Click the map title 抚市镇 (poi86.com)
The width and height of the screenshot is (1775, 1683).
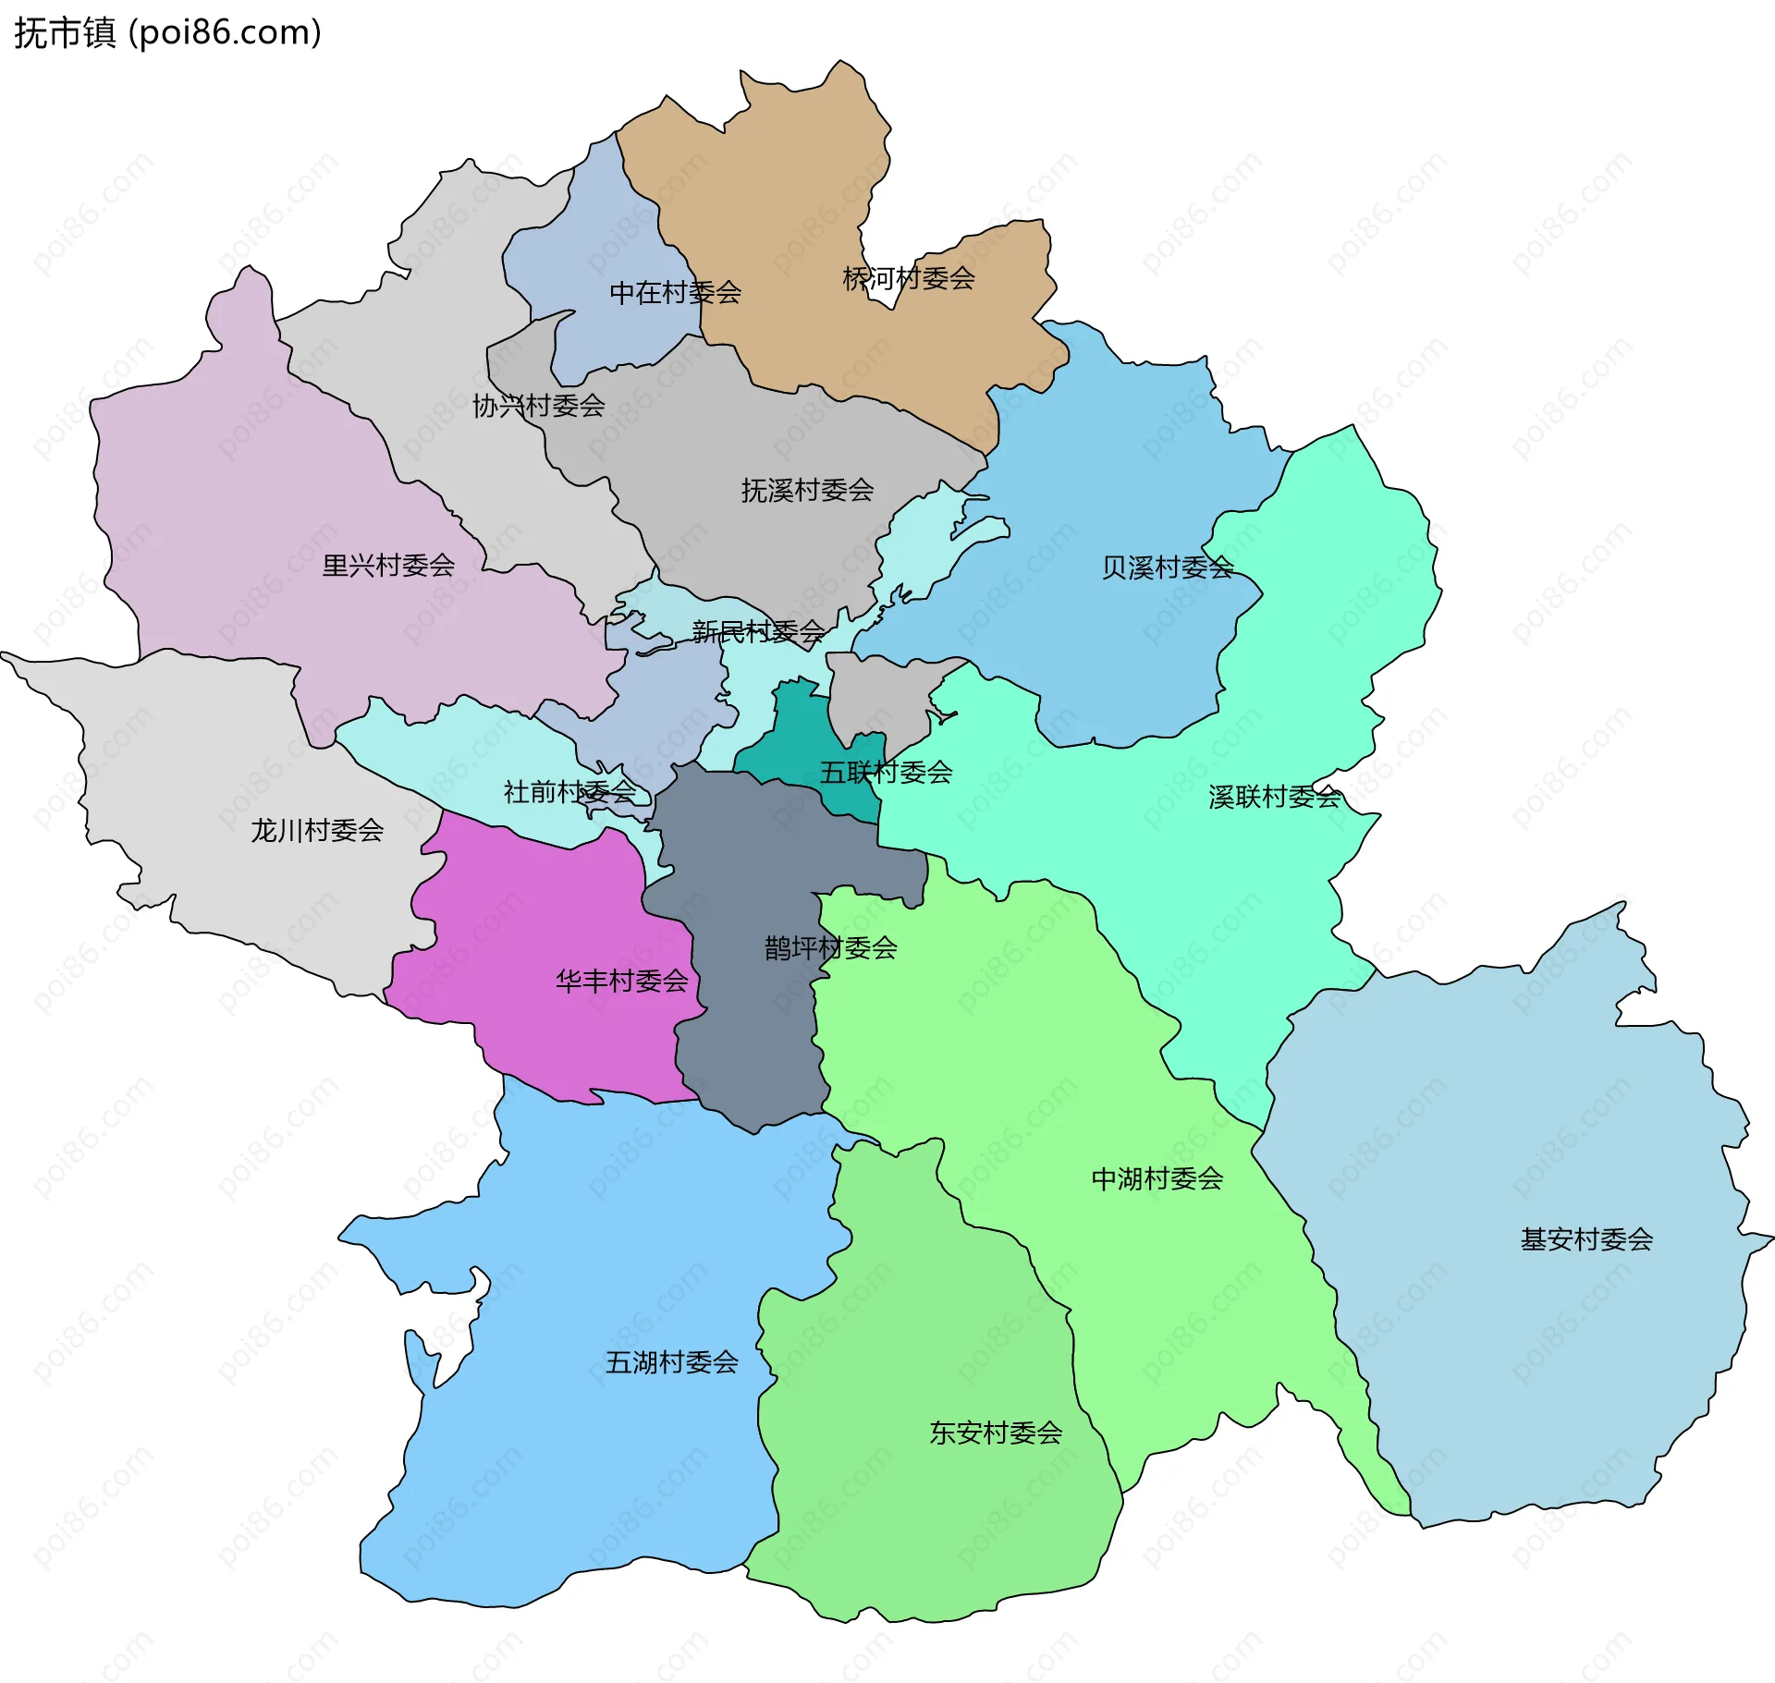(x=167, y=33)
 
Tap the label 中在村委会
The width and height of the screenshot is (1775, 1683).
(x=675, y=293)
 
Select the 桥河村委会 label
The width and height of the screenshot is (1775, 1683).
(x=908, y=278)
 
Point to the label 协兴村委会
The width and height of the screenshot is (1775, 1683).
(x=538, y=406)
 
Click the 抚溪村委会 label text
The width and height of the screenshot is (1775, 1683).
(x=807, y=491)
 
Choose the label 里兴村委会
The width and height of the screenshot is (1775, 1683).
(x=387, y=566)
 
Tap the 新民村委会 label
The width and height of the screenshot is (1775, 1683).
(x=758, y=632)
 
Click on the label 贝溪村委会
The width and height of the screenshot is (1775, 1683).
(x=1167, y=567)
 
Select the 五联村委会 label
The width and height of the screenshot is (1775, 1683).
(x=886, y=773)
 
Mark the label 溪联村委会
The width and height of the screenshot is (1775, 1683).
(x=1274, y=797)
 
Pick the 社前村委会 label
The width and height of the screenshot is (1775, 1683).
(x=569, y=792)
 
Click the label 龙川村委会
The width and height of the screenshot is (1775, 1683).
(x=317, y=831)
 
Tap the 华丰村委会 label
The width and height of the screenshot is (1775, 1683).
(x=621, y=981)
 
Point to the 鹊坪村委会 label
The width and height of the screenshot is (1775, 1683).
(x=830, y=948)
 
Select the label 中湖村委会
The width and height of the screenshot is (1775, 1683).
(x=1157, y=1179)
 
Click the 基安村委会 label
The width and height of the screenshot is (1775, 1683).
(x=1586, y=1239)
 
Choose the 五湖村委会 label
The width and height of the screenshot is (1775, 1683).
(x=671, y=1362)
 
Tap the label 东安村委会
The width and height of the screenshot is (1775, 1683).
(x=995, y=1433)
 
